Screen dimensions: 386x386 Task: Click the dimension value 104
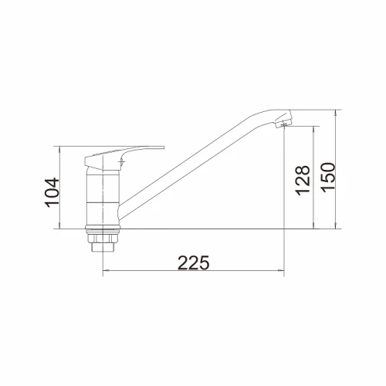pos(52,192)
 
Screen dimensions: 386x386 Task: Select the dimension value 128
pos(303,180)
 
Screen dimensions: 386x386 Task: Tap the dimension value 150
pos(328,178)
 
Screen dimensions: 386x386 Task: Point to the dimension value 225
pos(194,262)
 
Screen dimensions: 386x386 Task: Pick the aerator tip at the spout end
pos(284,121)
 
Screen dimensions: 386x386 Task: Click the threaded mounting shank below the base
pos(103,247)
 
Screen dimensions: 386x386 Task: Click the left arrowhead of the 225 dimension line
pos(105,271)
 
